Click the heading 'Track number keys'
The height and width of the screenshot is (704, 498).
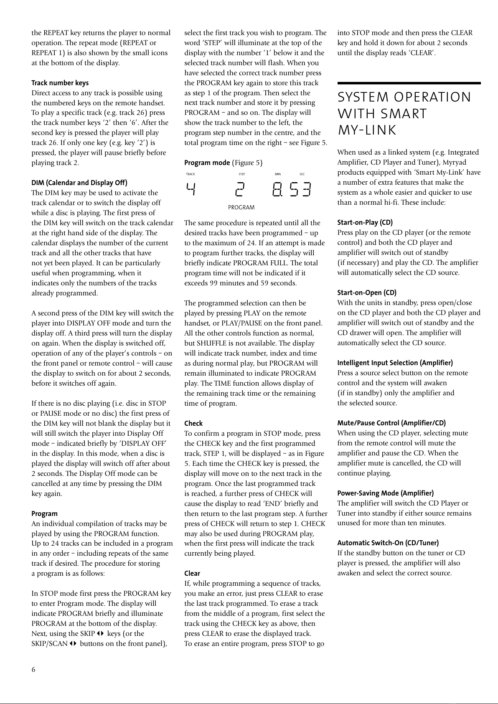click(x=60, y=83)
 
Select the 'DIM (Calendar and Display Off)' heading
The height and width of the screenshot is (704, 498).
click(x=79, y=183)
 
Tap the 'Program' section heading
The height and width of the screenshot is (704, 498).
click(x=45, y=513)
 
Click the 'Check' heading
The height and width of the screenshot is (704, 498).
click(x=193, y=423)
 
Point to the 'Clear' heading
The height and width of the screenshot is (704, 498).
click(x=192, y=573)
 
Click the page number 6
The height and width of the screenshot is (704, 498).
click(x=33, y=670)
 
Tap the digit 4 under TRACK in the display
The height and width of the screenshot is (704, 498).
click(x=191, y=190)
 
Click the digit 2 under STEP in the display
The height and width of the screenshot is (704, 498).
click(x=241, y=190)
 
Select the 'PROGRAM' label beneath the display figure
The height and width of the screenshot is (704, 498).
click(x=241, y=207)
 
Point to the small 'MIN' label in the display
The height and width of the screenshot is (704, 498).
click(x=278, y=174)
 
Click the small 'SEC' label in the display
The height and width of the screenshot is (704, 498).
click(x=302, y=174)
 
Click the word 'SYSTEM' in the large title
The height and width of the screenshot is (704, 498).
click(x=362, y=97)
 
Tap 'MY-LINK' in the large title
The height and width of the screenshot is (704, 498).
click(x=366, y=130)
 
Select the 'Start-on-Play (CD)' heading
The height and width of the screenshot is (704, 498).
click(x=365, y=222)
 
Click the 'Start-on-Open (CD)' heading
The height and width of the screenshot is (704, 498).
click(x=367, y=292)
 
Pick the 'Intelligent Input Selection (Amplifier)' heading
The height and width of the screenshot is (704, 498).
click(x=395, y=363)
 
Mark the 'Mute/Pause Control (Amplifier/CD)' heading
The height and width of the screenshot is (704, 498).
click(x=391, y=423)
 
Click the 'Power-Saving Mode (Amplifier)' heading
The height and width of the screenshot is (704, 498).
click(x=385, y=493)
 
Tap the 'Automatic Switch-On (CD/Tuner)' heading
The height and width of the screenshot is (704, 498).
click(x=388, y=543)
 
